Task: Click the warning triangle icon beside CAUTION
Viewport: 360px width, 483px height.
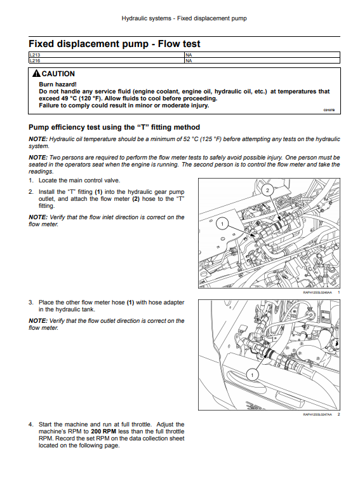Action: tap(36, 74)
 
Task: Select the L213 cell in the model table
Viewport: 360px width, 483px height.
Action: tap(107, 55)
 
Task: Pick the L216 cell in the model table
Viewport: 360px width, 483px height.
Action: tap(107, 60)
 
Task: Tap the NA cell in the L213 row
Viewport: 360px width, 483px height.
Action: tap(262, 55)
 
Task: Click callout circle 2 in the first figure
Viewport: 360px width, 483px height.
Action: tap(267, 190)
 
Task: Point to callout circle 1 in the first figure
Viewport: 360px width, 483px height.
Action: tap(222, 224)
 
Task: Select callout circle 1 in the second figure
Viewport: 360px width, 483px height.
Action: tap(253, 375)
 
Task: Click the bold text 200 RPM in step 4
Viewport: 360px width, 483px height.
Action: tap(103, 432)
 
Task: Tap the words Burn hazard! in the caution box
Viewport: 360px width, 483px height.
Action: tap(58, 85)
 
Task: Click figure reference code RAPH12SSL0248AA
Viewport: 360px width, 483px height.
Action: tap(317, 292)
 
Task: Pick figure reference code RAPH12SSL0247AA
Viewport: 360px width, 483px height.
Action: tap(317, 414)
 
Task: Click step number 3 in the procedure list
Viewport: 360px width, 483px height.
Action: tap(30, 303)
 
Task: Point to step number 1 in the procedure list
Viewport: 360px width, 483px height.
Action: tap(30, 180)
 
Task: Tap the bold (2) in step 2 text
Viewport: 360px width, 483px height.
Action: tap(136, 199)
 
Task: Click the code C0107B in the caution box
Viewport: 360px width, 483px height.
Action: tap(329, 110)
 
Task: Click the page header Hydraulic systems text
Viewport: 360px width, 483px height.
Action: tap(146, 18)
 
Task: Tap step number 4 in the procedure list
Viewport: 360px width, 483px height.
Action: tap(30, 425)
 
